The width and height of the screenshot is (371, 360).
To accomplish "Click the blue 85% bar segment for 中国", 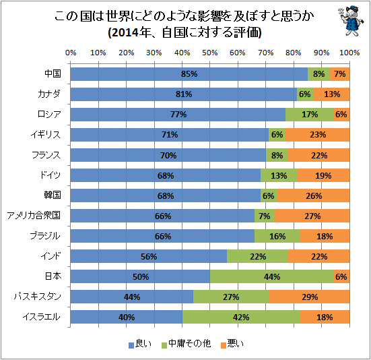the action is [189, 74].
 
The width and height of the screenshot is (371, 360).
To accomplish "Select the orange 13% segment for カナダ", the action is [332, 94].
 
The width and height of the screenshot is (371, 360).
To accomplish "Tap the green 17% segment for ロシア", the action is [309, 115].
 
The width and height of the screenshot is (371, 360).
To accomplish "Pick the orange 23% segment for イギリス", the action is [318, 135].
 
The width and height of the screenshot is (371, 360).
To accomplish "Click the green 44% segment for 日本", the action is [271, 276].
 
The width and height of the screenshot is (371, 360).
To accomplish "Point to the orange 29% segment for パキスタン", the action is [309, 297].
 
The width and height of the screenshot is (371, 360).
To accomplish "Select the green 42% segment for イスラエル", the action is [241, 317].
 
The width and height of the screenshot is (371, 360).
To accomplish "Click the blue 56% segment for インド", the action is [149, 256].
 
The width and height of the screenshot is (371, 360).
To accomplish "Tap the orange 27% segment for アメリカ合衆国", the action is [312, 216].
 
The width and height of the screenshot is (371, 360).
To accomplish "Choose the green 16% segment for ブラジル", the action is [277, 236].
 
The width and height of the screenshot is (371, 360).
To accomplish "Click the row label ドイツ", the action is [50, 175].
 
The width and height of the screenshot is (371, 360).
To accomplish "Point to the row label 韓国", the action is [53, 195].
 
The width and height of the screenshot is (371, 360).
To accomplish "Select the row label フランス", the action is [46, 155].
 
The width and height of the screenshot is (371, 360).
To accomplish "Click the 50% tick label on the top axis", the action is [209, 53].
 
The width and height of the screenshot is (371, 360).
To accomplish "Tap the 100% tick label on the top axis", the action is [349, 53].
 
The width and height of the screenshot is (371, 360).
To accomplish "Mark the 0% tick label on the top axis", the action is [71, 53].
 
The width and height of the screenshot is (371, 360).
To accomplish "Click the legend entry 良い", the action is [140, 344].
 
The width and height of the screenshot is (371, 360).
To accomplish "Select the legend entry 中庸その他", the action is [186, 344].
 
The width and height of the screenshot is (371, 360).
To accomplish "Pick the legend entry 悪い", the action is [232, 344].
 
